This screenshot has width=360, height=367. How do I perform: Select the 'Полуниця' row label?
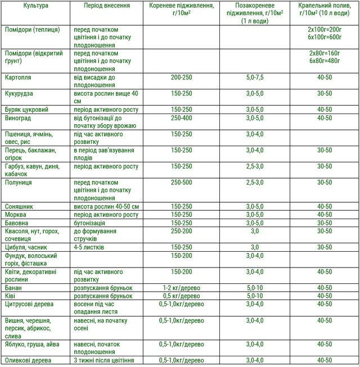point(19,183)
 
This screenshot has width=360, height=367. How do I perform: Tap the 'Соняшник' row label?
point(19,206)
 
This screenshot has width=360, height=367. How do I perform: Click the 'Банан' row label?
point(13,287)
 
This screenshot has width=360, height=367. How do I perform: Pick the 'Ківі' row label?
point(11,296)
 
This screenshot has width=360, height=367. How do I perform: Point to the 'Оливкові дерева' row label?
point(29,360)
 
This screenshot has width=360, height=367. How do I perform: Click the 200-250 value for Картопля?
point(182,77)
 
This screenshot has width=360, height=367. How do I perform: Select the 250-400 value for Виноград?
point(182,118)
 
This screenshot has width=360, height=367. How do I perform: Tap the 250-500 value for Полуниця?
point(182,183)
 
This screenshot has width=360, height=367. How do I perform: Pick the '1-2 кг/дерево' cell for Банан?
point(181,287)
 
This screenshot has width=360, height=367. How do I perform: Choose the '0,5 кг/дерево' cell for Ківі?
point(181,296)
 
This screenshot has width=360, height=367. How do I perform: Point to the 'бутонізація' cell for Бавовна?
point(92,223)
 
